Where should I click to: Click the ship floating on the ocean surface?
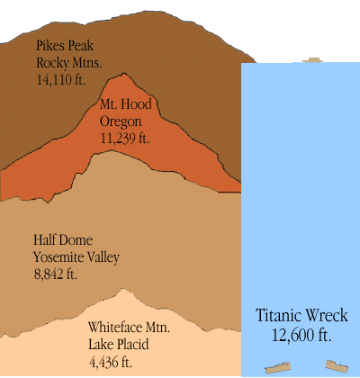312,60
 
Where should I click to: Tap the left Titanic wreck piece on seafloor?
278,368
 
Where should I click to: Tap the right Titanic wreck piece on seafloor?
337,366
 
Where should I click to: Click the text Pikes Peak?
64,45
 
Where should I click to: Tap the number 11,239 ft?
126,139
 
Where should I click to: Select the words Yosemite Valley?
76,257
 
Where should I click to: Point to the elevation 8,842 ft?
55,274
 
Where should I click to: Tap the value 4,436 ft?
111,362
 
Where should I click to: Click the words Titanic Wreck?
301,316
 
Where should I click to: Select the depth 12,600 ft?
301,335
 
